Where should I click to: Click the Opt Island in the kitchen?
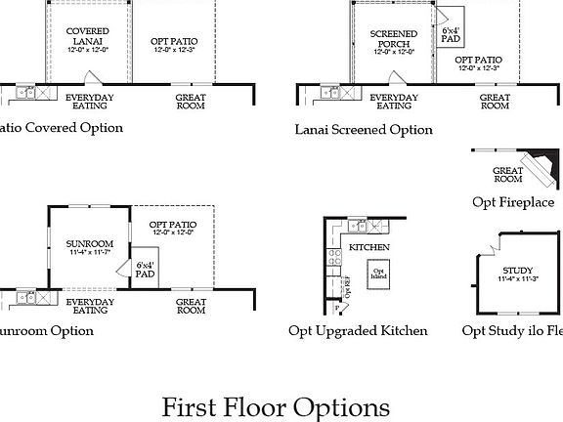point(376,274)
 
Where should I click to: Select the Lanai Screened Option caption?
point(363,129)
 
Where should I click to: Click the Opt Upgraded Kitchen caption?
point(358,330)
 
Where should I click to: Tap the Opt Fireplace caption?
point(513,202)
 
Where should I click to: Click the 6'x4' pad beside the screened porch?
point(451,36)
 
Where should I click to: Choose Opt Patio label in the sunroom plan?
point(172,228)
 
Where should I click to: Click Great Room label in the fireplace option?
point(508,175)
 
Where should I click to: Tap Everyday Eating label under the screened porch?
point(394,102)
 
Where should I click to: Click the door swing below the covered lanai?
point(94,78)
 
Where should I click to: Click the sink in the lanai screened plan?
point(330,94)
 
